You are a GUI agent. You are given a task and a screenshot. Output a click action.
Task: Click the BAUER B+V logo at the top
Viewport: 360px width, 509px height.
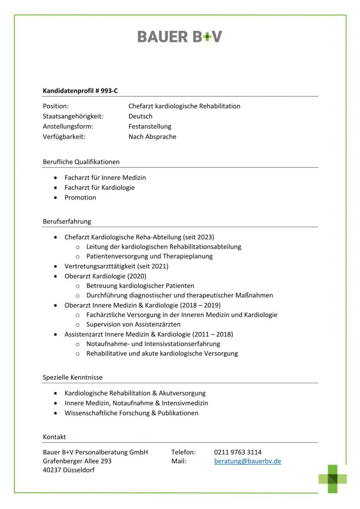tap(180, 36)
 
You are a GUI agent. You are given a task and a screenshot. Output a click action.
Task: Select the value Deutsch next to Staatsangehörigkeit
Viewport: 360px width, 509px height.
tap(140, 116)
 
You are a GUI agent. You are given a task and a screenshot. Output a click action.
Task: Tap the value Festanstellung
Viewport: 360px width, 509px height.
tap(150, 127)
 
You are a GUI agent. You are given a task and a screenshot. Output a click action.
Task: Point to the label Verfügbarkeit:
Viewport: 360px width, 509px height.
tap(64, 137)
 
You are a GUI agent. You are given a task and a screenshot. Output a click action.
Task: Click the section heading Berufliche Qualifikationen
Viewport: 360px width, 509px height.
tap(81, 162)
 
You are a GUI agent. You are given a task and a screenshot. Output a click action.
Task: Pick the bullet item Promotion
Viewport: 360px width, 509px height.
tap(80, 197)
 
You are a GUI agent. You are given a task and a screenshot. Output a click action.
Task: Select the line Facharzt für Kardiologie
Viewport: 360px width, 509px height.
tap(99, 187)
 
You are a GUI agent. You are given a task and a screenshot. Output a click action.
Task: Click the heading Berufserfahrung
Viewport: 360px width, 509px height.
tap(67, 222)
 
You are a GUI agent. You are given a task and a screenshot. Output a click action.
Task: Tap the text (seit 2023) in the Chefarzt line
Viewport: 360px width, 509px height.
tap(198, 237)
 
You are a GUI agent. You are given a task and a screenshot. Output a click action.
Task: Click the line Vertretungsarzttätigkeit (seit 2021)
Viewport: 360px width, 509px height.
tap(116, 266)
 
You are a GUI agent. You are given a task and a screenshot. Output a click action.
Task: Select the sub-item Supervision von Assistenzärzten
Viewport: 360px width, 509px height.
tap(133, 324)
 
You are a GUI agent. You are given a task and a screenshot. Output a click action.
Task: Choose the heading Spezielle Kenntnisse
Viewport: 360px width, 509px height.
tap(73, 378)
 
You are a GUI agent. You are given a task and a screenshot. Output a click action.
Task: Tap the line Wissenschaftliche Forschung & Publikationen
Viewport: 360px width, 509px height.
tap(131, 413)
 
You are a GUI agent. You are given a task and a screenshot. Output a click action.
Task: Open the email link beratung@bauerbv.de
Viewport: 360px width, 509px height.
tap(248, 461)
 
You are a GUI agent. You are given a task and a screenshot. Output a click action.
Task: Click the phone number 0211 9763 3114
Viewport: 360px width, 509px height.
tap(238, 452)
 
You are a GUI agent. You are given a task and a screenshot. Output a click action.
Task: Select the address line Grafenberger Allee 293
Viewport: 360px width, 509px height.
tap(77, 461)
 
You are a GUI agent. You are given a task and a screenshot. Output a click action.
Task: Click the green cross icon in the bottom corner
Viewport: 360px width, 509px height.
tap(333, 479)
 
